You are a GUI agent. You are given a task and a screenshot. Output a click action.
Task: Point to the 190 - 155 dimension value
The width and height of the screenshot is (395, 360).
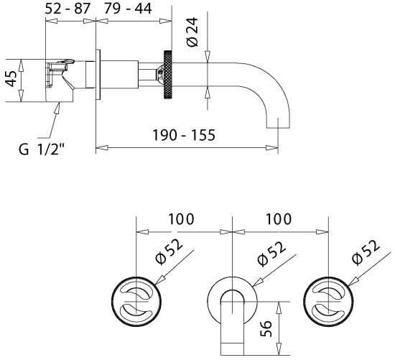point(184,134)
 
